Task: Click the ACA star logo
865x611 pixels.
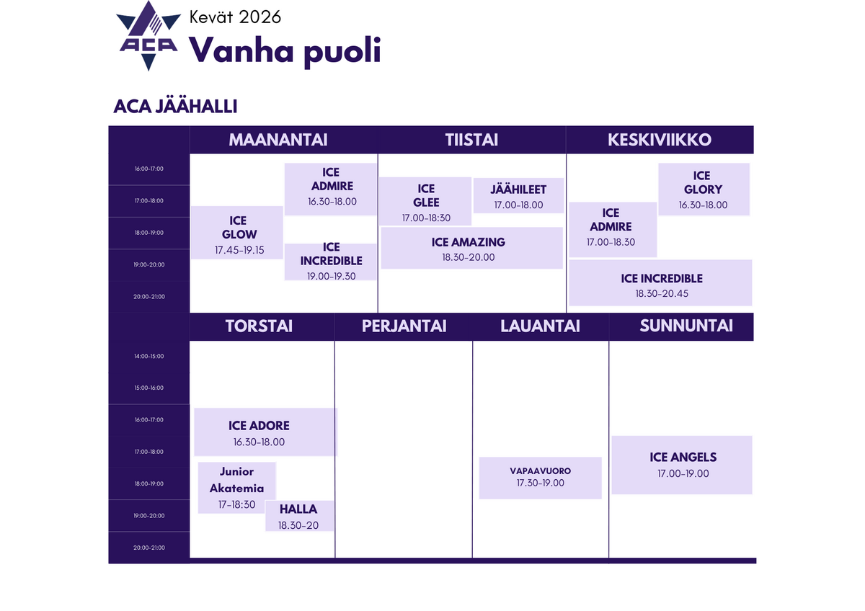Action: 148,36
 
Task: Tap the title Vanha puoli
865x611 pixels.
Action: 285,51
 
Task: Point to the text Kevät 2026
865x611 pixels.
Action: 235,17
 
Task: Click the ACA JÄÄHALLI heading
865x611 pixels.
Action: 175,107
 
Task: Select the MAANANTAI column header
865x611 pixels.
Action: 278,140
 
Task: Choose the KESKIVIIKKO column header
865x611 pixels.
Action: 660,140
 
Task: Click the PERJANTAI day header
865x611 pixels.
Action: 404,326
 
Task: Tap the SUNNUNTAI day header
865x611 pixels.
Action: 686,326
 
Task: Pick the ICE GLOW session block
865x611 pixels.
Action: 237,233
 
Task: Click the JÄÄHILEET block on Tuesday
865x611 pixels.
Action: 518,196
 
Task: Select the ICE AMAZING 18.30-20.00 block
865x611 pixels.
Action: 472,248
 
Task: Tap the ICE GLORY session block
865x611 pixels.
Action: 704,189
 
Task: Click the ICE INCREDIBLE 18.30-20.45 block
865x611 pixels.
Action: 660,283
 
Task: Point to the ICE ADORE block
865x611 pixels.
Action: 266,432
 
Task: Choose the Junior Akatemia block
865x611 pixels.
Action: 236,488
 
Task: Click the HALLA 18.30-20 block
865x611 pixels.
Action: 299,517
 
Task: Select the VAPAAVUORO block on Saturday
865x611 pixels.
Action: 540,478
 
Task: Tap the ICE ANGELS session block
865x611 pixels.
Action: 682,465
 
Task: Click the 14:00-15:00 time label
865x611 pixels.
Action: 148,356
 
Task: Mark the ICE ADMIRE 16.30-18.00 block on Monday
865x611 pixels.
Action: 331,189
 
